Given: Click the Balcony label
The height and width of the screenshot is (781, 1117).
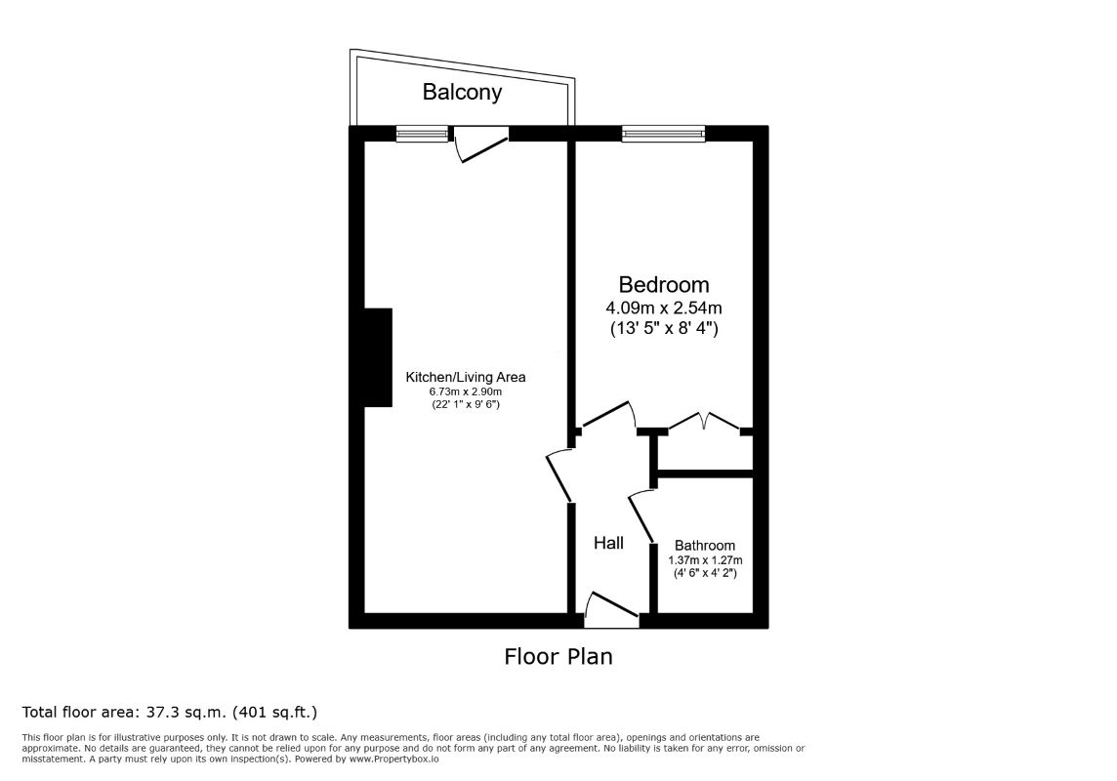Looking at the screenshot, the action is pos(462,92).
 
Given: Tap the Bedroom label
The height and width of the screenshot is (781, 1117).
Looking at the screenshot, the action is pos(663,285).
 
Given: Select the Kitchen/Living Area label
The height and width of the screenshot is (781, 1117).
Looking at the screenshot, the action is pos(465,378).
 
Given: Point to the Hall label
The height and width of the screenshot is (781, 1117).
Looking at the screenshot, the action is pos(608,543).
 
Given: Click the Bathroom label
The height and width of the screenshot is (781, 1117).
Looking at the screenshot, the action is pos(705,546).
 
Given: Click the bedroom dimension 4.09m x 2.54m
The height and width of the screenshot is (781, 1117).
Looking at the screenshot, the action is pos(663,308).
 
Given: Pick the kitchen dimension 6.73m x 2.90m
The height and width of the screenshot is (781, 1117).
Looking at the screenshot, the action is pos(465,392).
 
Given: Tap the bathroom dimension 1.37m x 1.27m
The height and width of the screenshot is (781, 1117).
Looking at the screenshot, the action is pos(705,560).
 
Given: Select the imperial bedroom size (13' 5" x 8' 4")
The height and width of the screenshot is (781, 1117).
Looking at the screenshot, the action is pos(663,329).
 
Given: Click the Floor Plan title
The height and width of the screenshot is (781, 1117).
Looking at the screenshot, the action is pos(558,656).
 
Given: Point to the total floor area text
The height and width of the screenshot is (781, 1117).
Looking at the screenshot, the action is pos(170,712).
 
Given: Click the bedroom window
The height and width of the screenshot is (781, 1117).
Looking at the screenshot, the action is pos(663,133).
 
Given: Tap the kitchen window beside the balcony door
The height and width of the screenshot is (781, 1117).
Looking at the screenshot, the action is pos(423,133).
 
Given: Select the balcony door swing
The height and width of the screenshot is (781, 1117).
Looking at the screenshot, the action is pos(481,144).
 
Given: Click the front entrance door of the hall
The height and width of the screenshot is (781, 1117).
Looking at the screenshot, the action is pos(611,610).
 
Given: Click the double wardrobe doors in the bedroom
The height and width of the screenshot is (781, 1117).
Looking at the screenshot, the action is pos(704,421).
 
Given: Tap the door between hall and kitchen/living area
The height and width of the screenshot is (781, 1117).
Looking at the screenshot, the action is pos(559,474).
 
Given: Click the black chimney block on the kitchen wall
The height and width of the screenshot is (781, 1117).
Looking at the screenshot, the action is pos(378,357).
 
